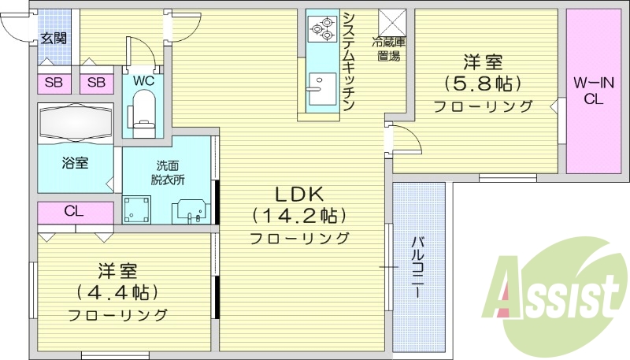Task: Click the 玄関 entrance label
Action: [54, 38]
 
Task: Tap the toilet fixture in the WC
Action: [143, 108]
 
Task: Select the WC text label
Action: [143, 81]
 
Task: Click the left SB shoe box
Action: [54, 82]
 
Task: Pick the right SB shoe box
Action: [97, 82]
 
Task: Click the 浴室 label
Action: [76, 163]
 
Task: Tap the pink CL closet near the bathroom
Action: [75, 212]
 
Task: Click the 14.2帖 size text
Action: [299, 215]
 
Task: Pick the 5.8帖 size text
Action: [483, 83]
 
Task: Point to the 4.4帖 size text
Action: [117, 292]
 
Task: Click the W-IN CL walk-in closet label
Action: [593, 90]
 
